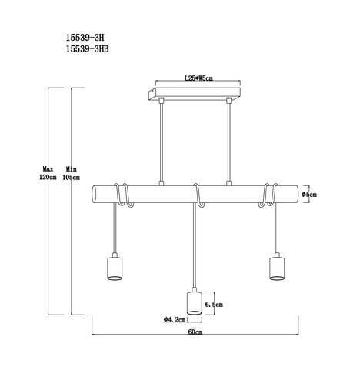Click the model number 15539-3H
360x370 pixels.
85,38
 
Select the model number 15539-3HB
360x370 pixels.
87,49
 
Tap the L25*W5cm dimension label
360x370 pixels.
199,78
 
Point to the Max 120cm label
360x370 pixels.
48,173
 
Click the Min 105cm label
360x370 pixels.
72,173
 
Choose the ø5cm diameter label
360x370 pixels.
309,195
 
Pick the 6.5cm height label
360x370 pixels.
214,305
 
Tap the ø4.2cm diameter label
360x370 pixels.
175,320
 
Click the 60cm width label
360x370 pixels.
195,332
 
